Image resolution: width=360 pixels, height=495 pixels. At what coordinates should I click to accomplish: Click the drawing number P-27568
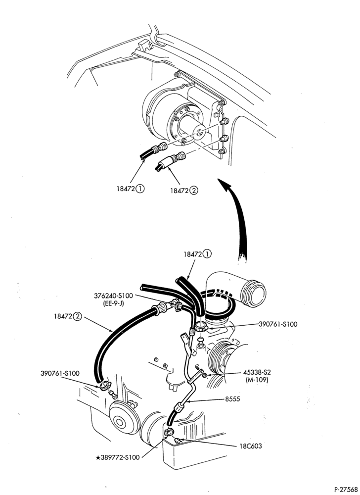tap(346, 490)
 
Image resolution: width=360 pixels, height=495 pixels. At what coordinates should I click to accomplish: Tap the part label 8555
tap(232, 399)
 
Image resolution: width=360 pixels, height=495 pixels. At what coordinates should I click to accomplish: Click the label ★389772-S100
tap(117, 457)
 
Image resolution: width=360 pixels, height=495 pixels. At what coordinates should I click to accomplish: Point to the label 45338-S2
tap(257, 373)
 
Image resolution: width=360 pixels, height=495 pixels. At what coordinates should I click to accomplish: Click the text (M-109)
tap(257, 380)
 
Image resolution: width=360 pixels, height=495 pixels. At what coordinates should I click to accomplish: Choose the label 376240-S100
tap(113, 296)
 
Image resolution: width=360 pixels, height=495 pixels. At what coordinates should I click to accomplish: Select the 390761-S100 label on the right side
tap(278, 324)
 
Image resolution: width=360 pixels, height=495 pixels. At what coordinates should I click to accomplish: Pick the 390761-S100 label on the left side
tap(60, 373)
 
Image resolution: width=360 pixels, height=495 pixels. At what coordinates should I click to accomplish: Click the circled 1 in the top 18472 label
tap(140, 189)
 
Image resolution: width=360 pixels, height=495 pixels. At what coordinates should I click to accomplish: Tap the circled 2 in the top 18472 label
tap(194, 191)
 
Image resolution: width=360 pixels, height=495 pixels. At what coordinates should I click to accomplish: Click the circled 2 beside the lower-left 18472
tap(77, 317)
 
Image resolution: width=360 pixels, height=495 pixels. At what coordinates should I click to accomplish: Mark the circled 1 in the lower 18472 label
tap(207, 254)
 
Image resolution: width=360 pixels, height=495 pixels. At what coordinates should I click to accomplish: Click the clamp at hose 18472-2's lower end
tap(104, 386)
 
